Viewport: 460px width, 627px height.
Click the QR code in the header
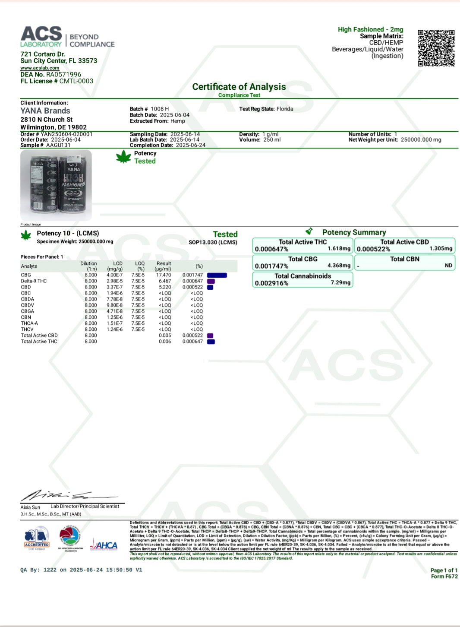click(436, 48)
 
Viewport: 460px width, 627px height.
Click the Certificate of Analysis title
click(239, 87)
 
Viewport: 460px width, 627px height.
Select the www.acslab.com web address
click(40, 68)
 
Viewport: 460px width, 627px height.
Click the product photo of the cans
click(56, 185)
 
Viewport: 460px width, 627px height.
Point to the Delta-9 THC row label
click(34, 281)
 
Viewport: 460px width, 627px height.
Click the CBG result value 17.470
click(164, 275)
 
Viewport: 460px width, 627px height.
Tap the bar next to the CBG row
click(217, 275)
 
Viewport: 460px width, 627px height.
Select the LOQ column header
click(140, 263)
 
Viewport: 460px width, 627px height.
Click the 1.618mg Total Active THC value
click(339, 249)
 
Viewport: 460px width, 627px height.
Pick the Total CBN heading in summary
click(404, 259)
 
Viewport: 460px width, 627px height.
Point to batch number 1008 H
click(160, 109)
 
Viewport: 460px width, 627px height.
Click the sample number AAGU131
click(58, 145)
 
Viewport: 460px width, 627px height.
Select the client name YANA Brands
click(45, 111)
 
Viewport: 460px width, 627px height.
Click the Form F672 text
click(444, 576)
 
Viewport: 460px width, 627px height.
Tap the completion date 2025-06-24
click(190, 145)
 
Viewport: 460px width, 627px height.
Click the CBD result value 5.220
click(165, 287)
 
